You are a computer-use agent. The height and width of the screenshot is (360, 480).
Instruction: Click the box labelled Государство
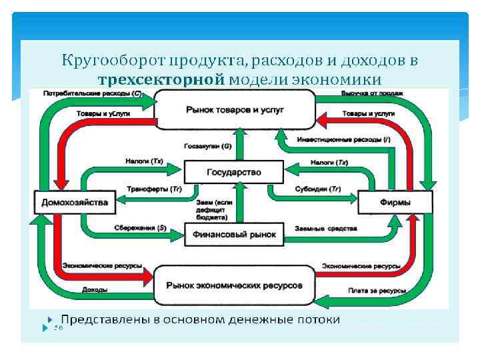pyautogui.click(x=233, y=173)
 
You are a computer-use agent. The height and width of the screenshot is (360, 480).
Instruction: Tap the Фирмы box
pyautogui.click(x=396, y=203)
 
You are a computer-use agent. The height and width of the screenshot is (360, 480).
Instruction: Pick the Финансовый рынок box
pyautogui.click(x=234, y=235)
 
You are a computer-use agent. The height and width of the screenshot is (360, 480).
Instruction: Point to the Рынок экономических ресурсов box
pyautogui.click(x=234, y=285)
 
